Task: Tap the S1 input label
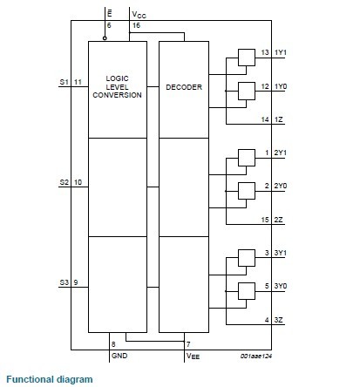(x=63, y=81)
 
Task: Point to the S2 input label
(x=63, y=182)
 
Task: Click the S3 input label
(x=63, y=282)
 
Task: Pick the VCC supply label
(x=139, y=15)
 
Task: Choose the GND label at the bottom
(x=119, y=356)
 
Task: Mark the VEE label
(x=192, y=356)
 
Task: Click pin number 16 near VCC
(x=136, y=25)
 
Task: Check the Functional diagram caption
(x=48, y=379)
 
